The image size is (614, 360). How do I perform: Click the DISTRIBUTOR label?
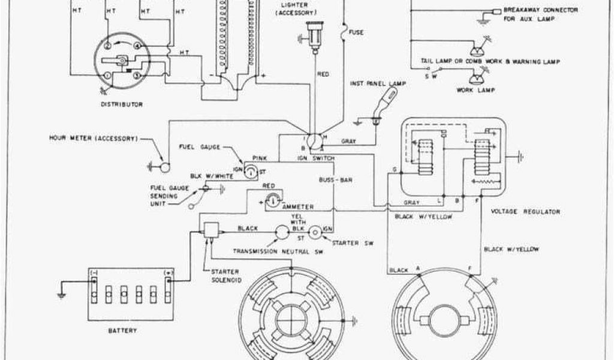122,104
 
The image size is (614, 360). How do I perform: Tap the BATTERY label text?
122,331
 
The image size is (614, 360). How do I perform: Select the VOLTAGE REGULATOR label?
525,212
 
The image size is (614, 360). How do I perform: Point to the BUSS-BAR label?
331,179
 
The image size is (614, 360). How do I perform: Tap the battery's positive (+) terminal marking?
168,272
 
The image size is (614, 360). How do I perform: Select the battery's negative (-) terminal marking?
94,272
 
